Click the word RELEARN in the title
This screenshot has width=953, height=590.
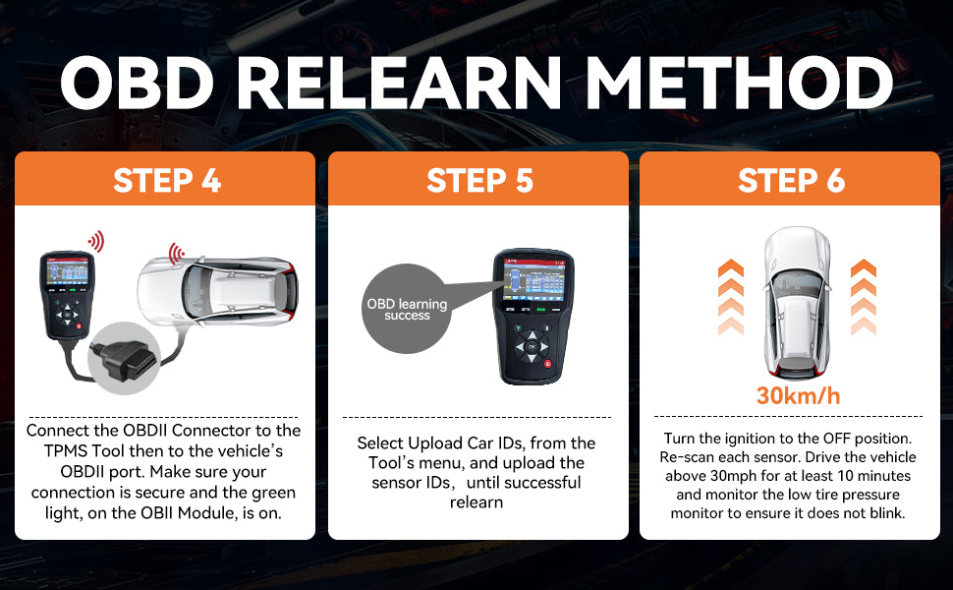pyautogui.click(x=398, y=83)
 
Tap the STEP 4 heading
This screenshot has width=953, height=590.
pyautogui.click(x=167, y=181)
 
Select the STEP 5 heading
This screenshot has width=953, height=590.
pyautogui.click(x=479, y=181)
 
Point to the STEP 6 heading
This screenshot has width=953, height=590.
pyautogui.click(x=791, y=181)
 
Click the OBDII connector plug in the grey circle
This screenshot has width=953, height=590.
pyautogui.click(x=122, y=360)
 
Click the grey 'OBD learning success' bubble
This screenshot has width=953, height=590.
pyautogui.click(x=407, y=309)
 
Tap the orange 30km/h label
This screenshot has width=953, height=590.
pyautogui.click(x=798, y=396)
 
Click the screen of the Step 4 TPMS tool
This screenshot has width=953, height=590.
pyautogui.click(x=67, y=271)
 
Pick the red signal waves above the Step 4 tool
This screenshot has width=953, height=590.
pyautogui.click(x=96, y=242)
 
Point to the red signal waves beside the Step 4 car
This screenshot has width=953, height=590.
pyautogui.click(x=176, y=253)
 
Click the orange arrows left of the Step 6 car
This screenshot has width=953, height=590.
pyautogui.click(x=731, y=297)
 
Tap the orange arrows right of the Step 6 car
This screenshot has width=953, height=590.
pyautogui.click(x=863, y=297)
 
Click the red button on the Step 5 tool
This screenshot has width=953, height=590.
pyautogui.click(x=547, y=365)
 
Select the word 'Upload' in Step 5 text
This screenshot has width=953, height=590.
pyautogui.click(x=435, y=442)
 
